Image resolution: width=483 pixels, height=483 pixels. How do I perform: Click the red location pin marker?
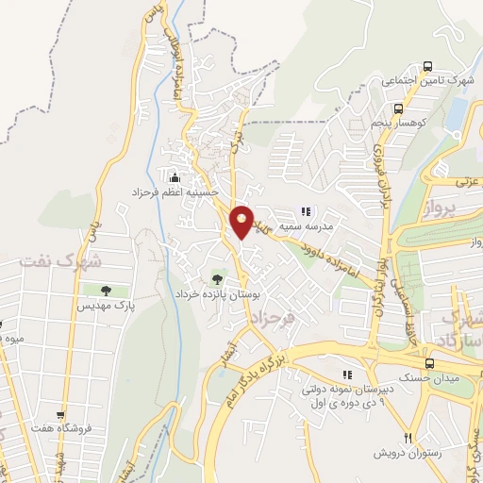pos(242,221)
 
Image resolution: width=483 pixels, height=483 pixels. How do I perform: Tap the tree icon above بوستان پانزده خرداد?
pos(218,278)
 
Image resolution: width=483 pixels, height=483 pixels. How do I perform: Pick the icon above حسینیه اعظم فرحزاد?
pos(172,176)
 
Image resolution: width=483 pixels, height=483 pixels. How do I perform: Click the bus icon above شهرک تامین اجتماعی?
pos(428,66)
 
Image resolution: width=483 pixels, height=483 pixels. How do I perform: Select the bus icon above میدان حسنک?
pos(429,364)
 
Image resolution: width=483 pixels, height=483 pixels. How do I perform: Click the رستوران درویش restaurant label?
pos(406,452)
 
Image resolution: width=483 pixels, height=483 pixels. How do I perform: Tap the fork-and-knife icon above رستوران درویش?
pos(408,437)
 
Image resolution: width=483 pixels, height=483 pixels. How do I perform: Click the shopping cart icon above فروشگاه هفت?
pos(61,414)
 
